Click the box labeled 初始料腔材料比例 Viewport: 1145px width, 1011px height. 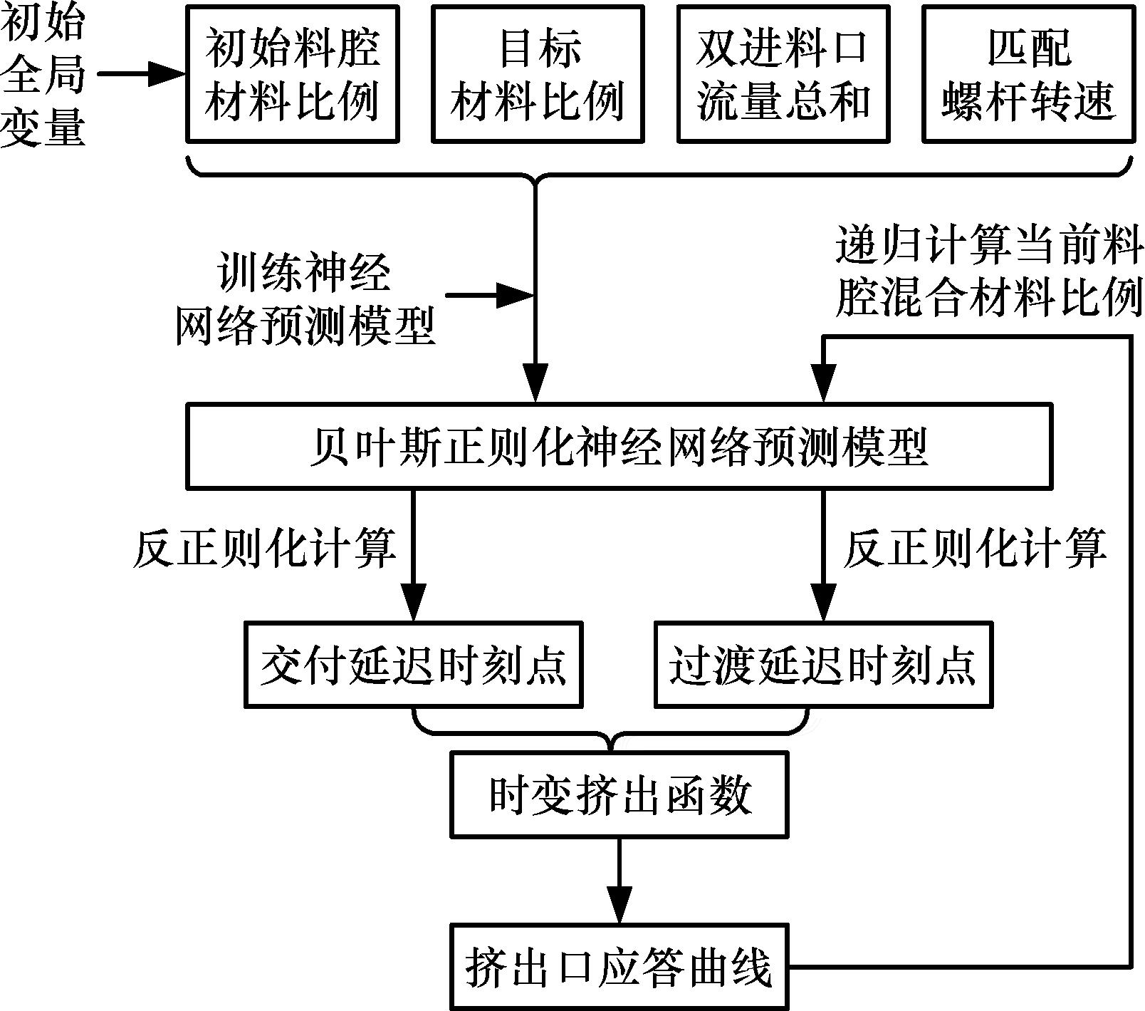tap(292, 74)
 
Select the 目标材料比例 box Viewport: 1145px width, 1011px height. tap(538, 74)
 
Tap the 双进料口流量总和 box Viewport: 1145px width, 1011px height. tap(783, 74)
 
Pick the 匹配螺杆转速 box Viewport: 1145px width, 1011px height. tap(1028, 74)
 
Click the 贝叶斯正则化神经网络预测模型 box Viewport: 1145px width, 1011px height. tap(619, 447)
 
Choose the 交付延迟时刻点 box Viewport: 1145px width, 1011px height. tap(413, 665)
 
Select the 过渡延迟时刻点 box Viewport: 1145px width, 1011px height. tap(823, 665)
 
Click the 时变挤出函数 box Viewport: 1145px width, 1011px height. tap(619, 794)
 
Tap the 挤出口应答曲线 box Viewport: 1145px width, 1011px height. tap(619, 967)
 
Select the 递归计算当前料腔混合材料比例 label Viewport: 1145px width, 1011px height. tap(988, 272)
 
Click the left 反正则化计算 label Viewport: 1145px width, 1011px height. tap(263, 549)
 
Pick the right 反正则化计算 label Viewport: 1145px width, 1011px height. tap(974, 549)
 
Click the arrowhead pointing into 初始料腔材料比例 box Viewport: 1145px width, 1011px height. tap(167, 73)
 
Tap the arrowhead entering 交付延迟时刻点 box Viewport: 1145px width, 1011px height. tap(413, 604)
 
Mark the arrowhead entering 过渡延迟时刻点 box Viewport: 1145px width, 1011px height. tap(823, 604)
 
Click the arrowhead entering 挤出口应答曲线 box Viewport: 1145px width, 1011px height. tap(619, 906)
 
